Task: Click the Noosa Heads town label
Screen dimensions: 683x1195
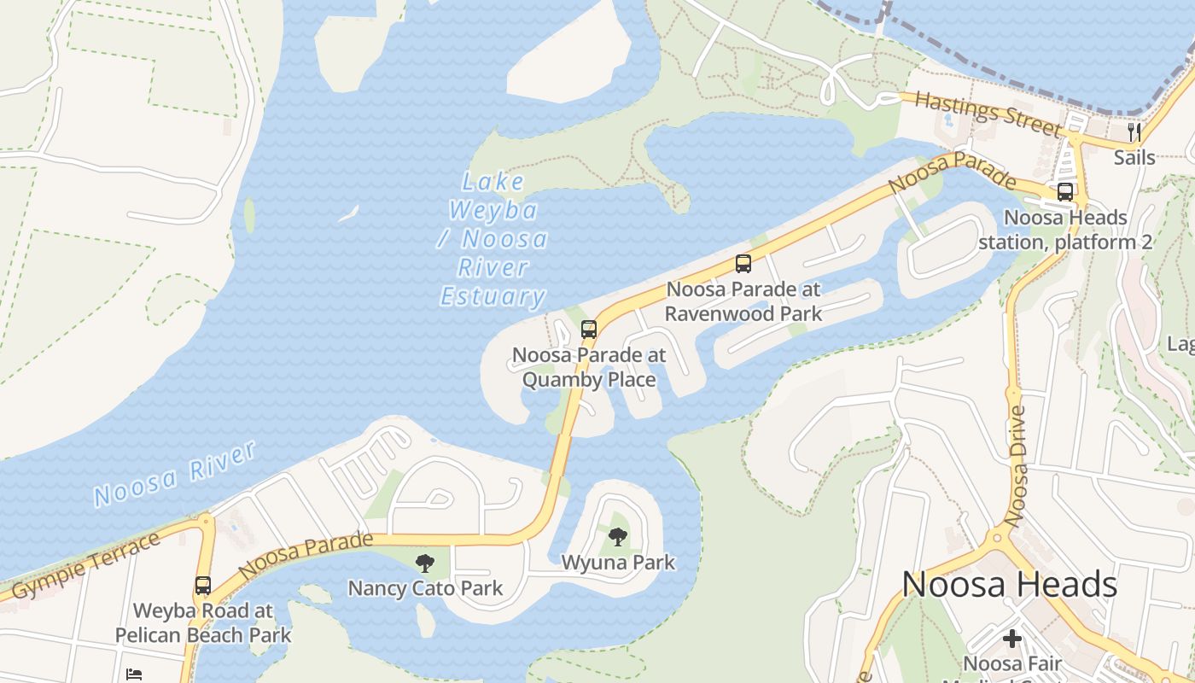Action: (1009, 585)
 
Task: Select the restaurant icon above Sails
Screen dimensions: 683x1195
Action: (1134, 131)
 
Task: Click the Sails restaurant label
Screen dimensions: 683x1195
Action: (1134, 157)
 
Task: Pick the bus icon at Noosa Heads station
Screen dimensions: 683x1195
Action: (1065, 192)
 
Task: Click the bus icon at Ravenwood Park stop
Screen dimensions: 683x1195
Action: (743, 264)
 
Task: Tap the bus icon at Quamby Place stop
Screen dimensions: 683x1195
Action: (588, 329)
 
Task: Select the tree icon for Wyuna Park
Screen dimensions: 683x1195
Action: (618, 537)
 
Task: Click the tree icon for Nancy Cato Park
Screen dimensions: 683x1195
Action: (424, 563)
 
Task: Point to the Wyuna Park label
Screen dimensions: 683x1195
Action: (618, 563)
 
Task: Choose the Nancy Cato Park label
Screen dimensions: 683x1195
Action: (425, 588)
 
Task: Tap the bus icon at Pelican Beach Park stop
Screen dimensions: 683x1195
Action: (202, 586)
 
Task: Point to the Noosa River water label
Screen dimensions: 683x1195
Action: (174, 474)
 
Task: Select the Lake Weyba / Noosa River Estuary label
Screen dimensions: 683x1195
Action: (493, 239)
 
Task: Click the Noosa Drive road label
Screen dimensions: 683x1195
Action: (1015, 465)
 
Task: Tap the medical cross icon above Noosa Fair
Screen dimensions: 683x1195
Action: (1012, 639)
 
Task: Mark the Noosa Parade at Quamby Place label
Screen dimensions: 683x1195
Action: (589, 367)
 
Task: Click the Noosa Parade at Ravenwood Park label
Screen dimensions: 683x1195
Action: (743, 301)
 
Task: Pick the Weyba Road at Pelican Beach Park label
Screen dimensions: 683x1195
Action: (203, 623)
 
